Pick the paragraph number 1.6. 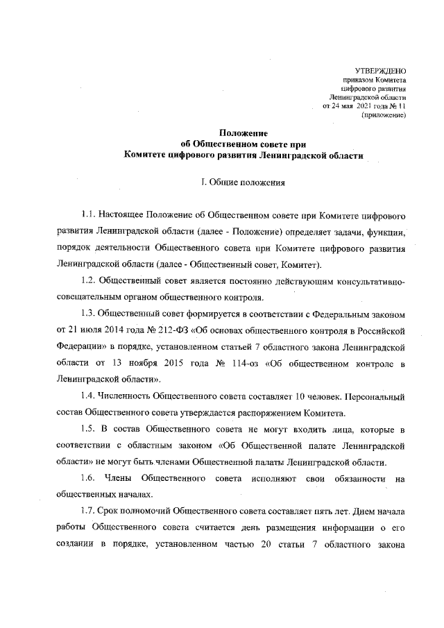[x=88, y=478]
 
